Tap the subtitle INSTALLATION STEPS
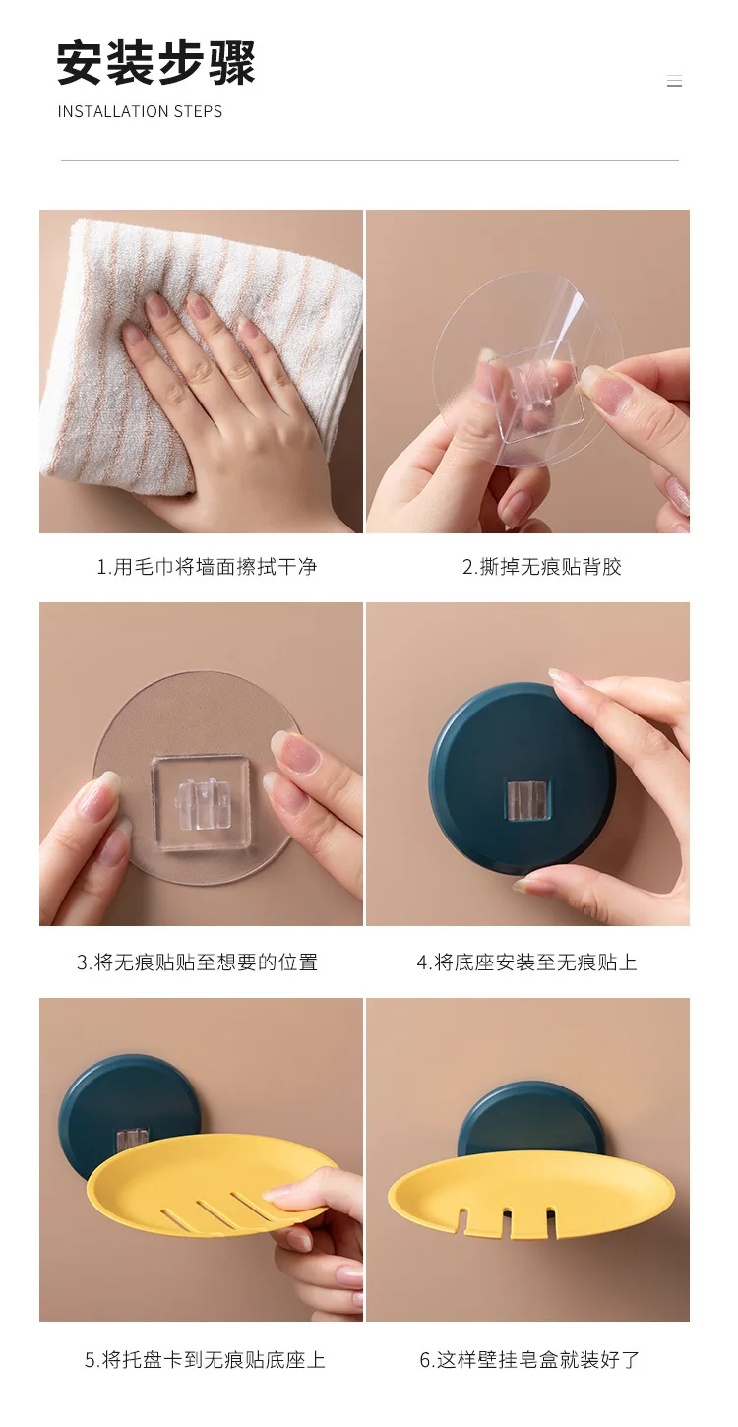click(140, 111)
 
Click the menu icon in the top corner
click(674, 81)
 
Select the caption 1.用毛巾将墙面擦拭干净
click(207, 566)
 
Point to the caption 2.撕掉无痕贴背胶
click(542, 566)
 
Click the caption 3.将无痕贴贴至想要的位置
click(198, 962)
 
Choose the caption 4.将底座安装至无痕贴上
click(527, 962)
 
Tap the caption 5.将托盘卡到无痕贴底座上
click(205, 1360)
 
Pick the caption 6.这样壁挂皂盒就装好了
click(529, 1360)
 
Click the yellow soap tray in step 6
click(531, 1194)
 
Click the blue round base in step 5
click(127, 1112)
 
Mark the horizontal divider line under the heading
click(369, 160)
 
